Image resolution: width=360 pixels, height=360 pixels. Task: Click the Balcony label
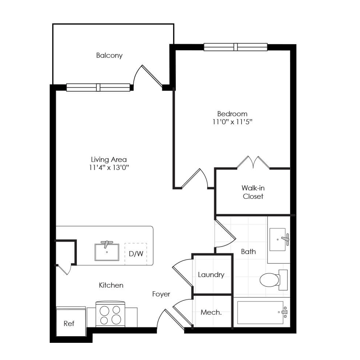coord(109,56)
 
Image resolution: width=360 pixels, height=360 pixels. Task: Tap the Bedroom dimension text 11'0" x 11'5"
coord(232,122)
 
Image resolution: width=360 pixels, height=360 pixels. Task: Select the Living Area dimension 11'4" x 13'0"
coord(109,167)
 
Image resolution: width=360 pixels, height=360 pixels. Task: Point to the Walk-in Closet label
coord(253,192)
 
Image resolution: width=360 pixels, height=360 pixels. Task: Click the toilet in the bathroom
coord(274,280)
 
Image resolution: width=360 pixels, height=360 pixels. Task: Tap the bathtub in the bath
coord(262,312)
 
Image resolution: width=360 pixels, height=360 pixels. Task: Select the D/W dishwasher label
coord(136,254)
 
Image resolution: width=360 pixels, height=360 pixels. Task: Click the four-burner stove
coord(110,314)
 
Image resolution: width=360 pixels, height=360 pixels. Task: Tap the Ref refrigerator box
coord(71,321)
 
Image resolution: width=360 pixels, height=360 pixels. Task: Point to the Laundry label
coord(211,275)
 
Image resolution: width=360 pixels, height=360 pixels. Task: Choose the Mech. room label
coord(211,312)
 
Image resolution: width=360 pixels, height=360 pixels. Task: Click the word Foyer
coord(161,294)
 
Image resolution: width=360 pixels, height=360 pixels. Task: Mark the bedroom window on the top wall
coord(236,47)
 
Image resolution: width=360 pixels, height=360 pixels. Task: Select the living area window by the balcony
coord(98,87)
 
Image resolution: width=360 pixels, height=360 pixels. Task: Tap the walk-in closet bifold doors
coord(253,163)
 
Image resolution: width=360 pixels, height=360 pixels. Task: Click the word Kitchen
coord(111,285)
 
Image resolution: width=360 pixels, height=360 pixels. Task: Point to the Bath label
coord(249,251)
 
